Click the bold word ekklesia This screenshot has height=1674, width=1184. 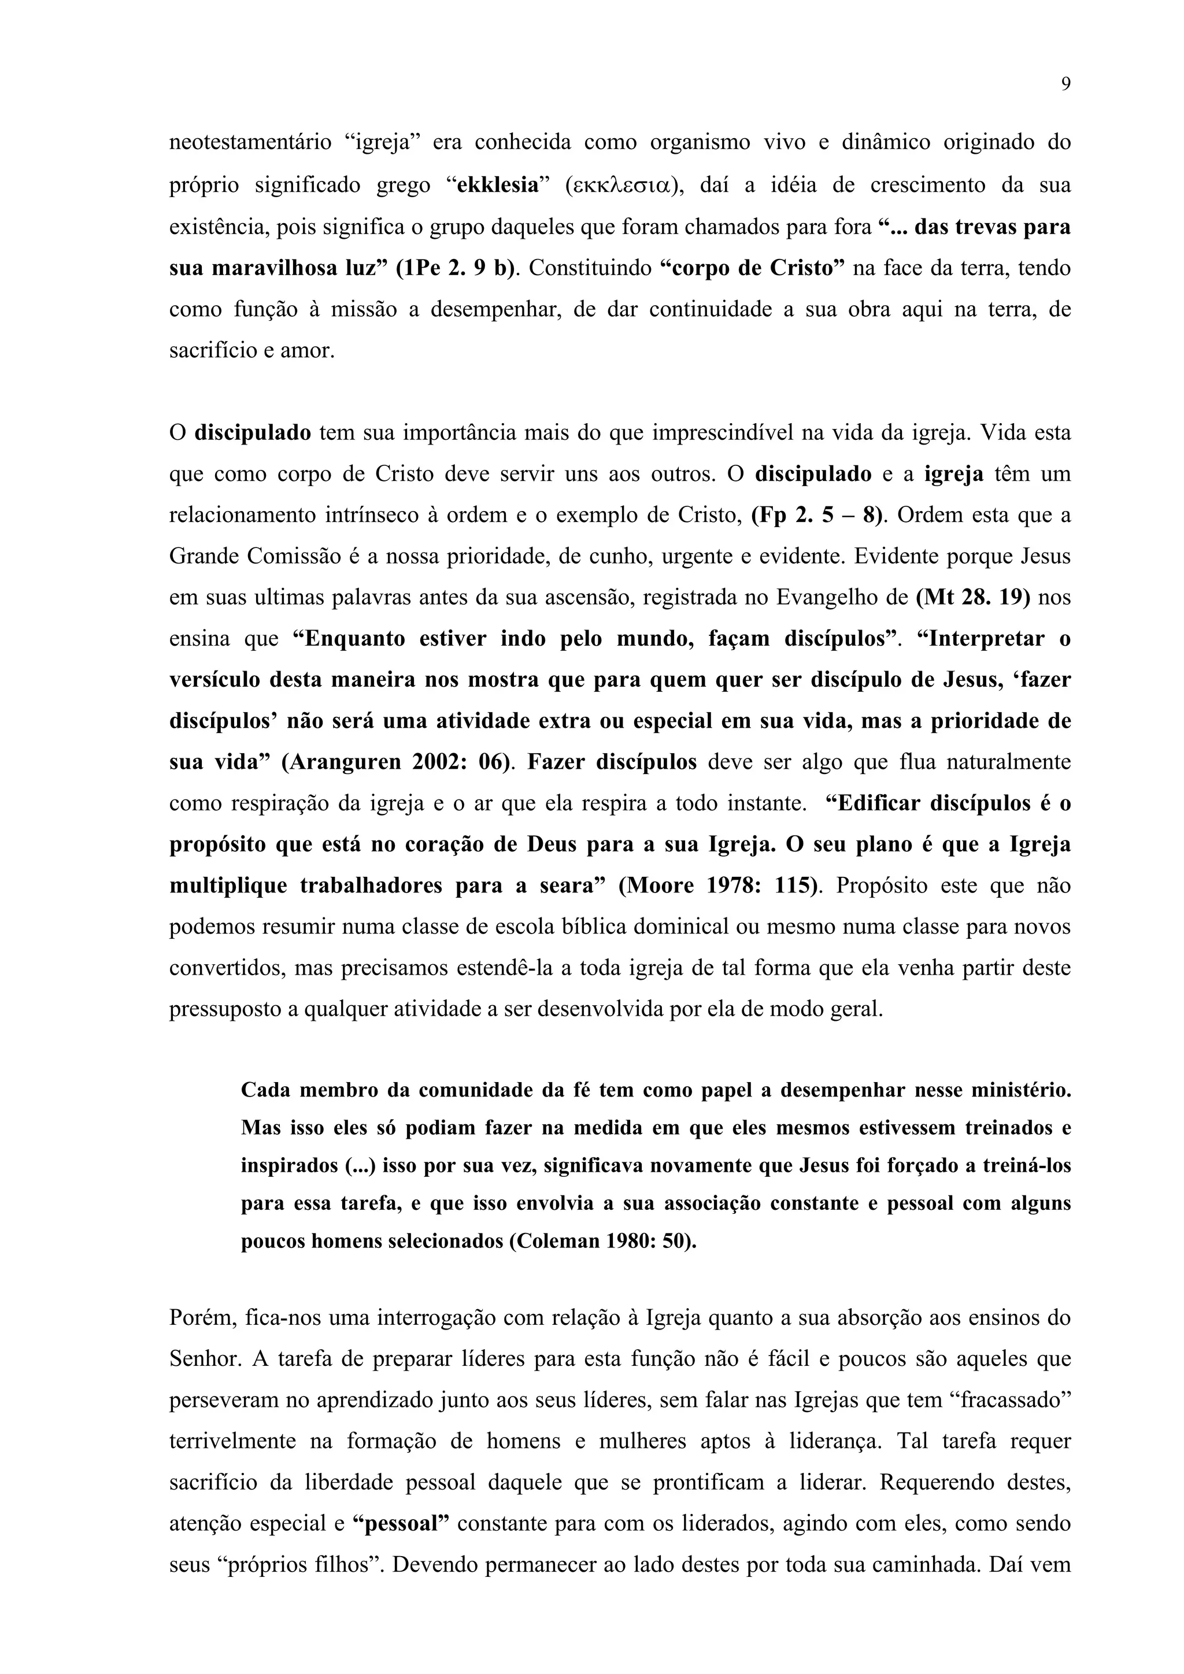click(498, 185)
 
